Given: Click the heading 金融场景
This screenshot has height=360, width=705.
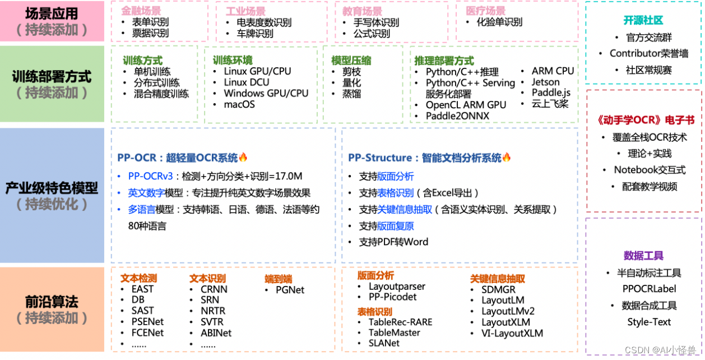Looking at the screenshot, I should pyautogui.click(x=141, y=11).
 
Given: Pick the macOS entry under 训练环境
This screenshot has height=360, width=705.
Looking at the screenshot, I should pyautogui.click(x=239, y=104).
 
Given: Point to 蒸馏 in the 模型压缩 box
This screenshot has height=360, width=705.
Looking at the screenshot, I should pyautogui.click(x=352, y=94).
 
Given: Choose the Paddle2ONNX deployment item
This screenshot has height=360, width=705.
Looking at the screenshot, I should pyautogui.click(x=457, y=116).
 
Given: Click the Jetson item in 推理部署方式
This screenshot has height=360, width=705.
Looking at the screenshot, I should pyautogui.click(x=545, y=82).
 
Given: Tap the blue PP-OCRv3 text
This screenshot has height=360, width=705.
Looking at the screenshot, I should pyautogui.click(x=150, y=176).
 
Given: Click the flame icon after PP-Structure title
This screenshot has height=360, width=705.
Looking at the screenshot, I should pyautogui.click(x=507, y=158).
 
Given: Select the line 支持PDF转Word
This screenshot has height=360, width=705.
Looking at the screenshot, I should pyautogui.click(x=393, y=242).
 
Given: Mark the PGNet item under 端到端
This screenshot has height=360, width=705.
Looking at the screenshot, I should pyautogui.click(x=290, y=290).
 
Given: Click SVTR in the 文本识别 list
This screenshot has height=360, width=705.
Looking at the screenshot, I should pyautogui.click(x=212, y=322).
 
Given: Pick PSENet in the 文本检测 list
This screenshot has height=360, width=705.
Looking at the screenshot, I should pyautogui.click(x=147, y=322).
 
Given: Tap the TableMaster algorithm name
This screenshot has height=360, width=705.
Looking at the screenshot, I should pyautogui.click(x=394, y=333).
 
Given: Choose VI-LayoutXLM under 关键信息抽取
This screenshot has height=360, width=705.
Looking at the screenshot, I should pyautogui.click(x=512, y=333).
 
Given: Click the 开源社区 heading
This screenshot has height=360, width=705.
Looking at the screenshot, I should pyautogui.click(x=643, y=20).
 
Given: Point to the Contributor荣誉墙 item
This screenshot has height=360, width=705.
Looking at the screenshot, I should pyautogui.click(x=649, y=53).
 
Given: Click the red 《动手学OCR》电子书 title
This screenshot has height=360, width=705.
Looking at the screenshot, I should pyautogui.click(x=643, y=120).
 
